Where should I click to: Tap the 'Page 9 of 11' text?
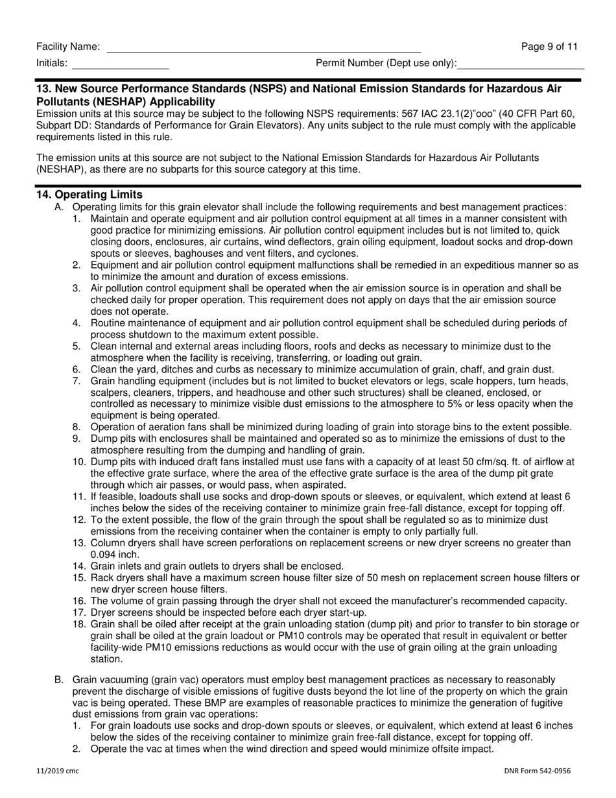pyautogui.click(x=549, y=47)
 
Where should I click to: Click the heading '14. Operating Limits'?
pyautogui.click(x=89, y=195)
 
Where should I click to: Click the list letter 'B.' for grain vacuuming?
pyautogui.click(x=59, y=679)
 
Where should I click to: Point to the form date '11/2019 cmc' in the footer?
pyautogui.click(x=58, y=771)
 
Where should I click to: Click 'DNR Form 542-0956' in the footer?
pyautogui.click(x=538, y=771)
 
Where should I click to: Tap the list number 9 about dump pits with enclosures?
pyautogui.click(x=77, y=439)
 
